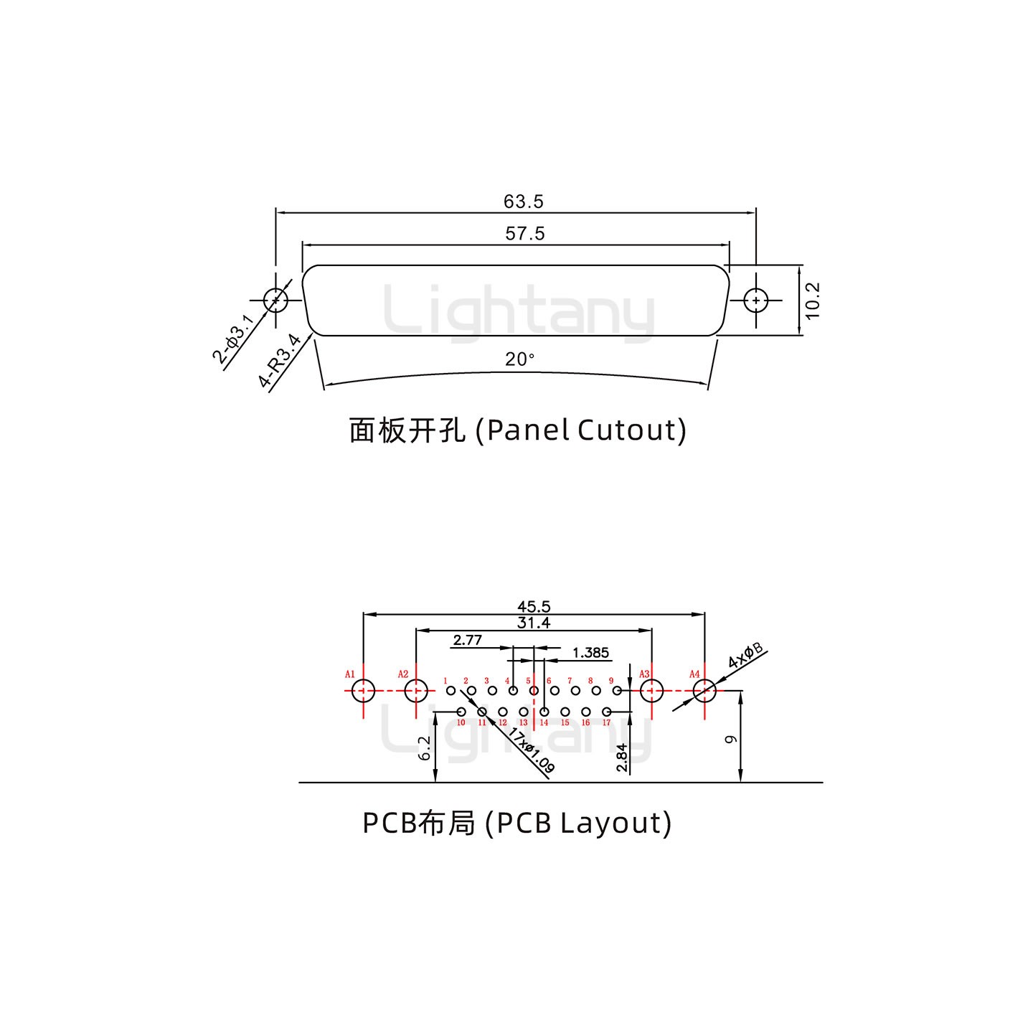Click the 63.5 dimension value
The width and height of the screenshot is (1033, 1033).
[523, 202]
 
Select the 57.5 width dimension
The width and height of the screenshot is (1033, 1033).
[524, 234]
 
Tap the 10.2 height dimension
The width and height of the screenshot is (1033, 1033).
[811, 301]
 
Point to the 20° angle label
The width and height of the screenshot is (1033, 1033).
[519, 359]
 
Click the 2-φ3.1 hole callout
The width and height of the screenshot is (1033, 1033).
[233, 339]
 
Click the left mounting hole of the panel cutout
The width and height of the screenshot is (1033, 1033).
[275, 301]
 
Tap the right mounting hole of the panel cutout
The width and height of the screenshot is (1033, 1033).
[755, 301]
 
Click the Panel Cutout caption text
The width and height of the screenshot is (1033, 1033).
[517, 430]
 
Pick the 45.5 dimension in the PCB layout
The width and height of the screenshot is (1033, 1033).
[533, 607]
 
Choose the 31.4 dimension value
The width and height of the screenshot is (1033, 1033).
[533, 623]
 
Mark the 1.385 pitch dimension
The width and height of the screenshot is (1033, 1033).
[591, 652]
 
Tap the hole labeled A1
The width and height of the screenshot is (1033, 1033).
[364, 692]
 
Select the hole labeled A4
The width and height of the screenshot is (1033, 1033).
[704, 692]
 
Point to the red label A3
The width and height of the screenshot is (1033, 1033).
[644, 674]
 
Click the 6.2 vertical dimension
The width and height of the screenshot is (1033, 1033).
[424, 748]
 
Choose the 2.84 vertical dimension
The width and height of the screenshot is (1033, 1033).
[622, 758]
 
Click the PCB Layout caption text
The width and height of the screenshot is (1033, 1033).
[517, 823]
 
